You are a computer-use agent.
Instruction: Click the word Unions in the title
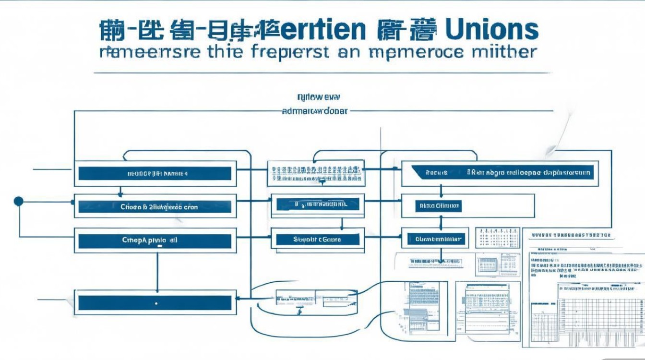(491, 31)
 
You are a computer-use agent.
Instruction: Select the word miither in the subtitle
(505, 51)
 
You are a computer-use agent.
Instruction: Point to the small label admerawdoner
(314, 111)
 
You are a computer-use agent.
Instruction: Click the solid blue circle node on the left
(19, 201)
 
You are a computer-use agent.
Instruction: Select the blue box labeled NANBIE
(155, 174)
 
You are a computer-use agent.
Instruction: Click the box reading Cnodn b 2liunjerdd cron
(155, 207)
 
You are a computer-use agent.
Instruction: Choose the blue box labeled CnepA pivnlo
(155, 240)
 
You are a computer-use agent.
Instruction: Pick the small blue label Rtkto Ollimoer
(438, 206)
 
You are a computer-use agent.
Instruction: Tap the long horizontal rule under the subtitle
(322, 73)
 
